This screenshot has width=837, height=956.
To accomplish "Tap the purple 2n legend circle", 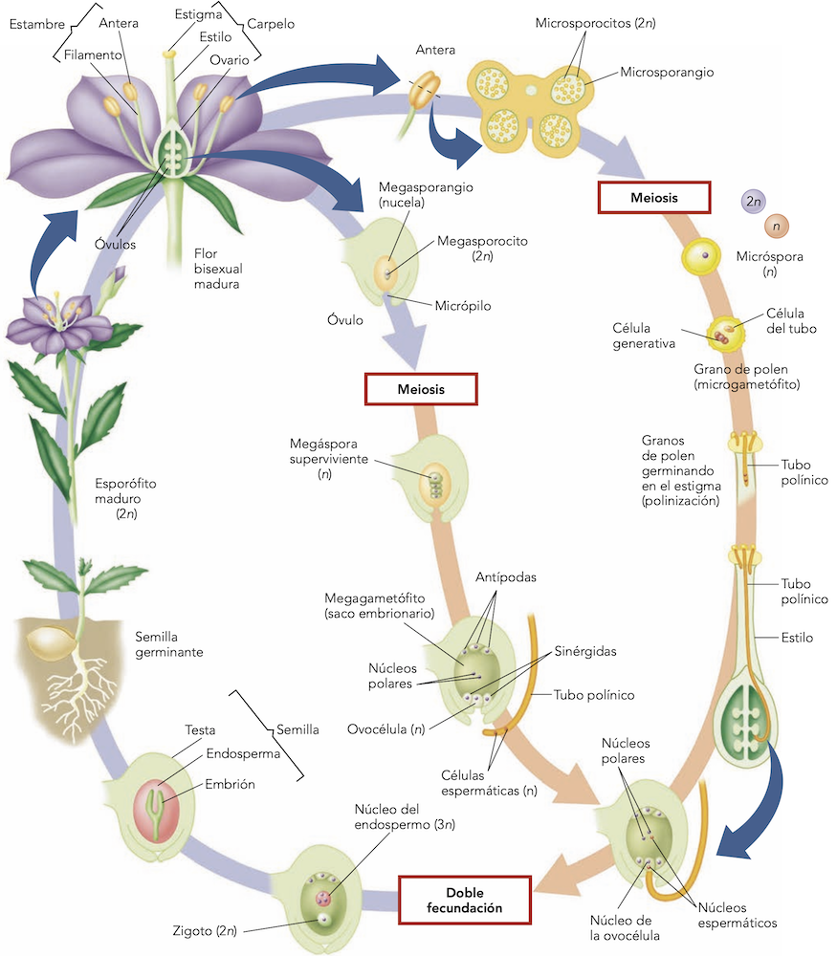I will click(754, 201).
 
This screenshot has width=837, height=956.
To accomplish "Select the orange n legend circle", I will click(777, 227).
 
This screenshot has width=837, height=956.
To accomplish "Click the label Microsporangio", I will click(667, 72).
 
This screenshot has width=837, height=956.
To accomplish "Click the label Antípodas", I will click(505, 577).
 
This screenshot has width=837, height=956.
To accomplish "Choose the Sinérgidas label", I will click(584, 651).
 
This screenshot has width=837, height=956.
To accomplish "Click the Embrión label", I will click(231, 784).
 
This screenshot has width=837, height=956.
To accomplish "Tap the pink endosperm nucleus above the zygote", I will click(323, 898).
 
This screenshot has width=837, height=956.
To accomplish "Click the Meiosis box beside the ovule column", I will click(421, 389).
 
